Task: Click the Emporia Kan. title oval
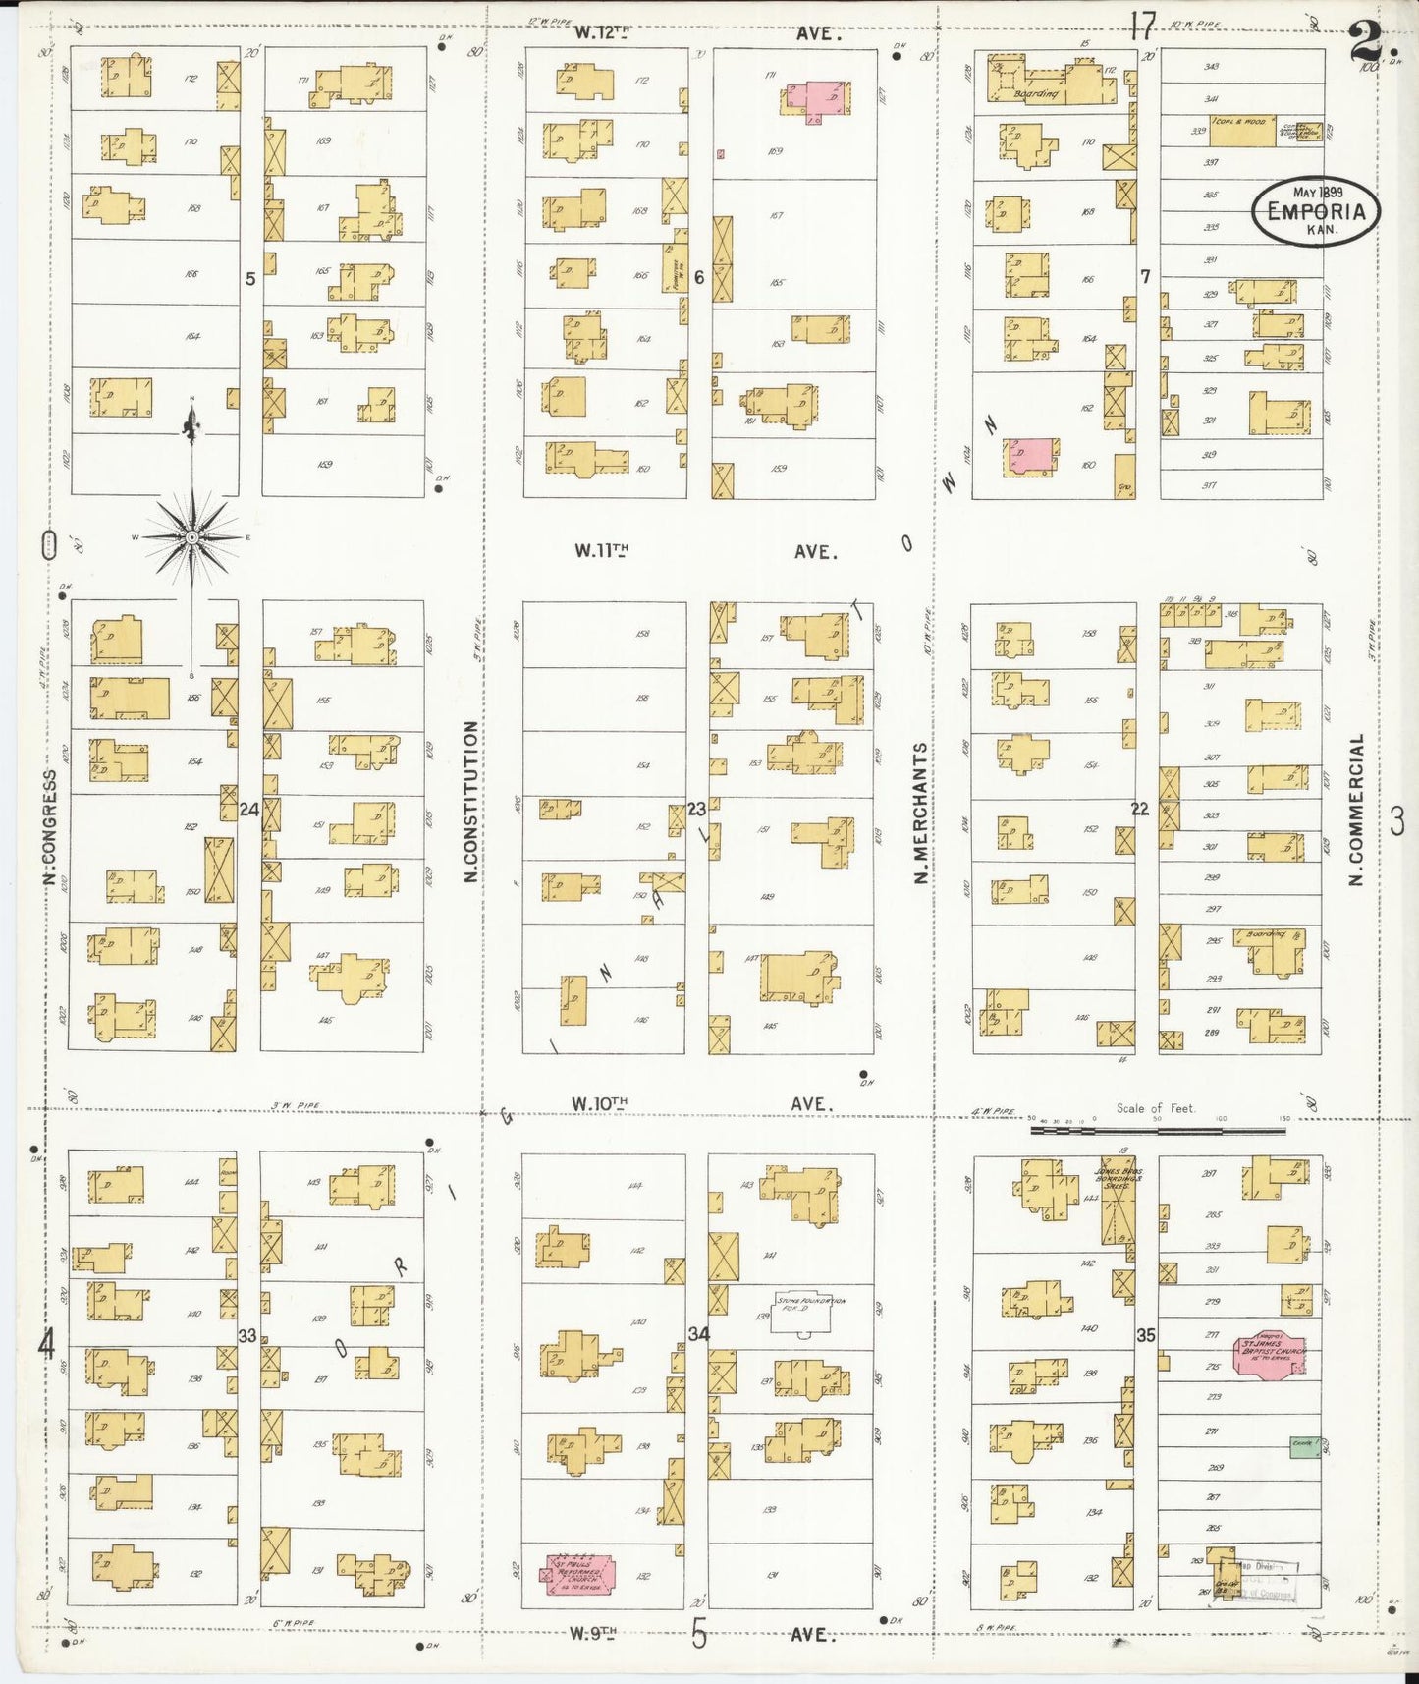(x=1315, y=209)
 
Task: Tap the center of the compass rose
(x=192, y=537)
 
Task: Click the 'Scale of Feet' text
(x=1155, y=1108)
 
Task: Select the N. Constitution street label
(x=470, y=801)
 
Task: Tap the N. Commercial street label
(x=1357, y=809)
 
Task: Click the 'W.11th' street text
(x=601, y=551)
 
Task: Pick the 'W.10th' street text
(x=599, y=1104)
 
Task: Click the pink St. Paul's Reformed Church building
(x=579, y=1574)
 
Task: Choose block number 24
(x=249, y=810)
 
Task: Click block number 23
(x=696, y=809)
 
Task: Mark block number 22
(x=1139, y=809)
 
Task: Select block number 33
(x=247, y=1335)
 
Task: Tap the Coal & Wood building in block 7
(x=1242, y=131)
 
